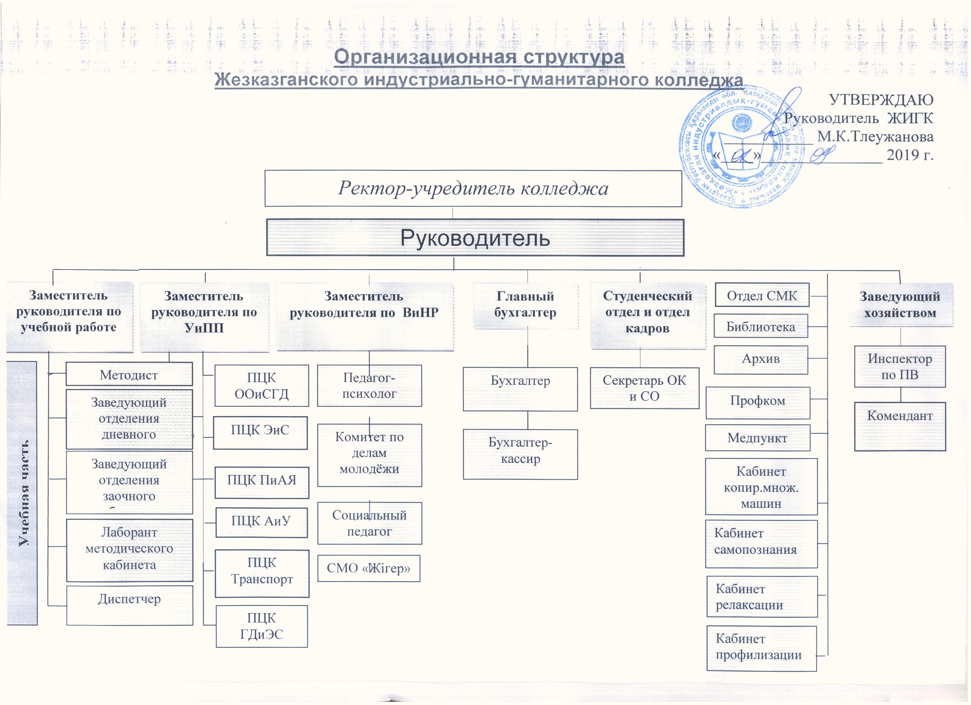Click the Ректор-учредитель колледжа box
click(x=473, y=189)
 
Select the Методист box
click(x=129, y=375)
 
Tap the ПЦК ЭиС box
click(x=260, y=432)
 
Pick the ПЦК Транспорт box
click(x=262, y=573)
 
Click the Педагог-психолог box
click(x=369, y=385)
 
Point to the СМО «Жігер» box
click(x=368, y=568)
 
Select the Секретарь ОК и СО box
click(x=644, y=388)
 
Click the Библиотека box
click(x=760, y=327)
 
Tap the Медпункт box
click(x=757, y=438)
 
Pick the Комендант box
click(x=900, y=426)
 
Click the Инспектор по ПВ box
click(x=900, y=367)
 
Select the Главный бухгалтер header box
click(x=525, y=305)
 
